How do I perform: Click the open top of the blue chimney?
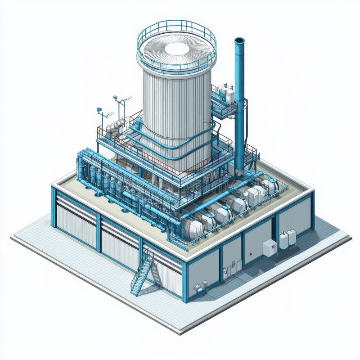click(x=239, y=41)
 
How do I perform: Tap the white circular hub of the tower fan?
click(x=177, y=49)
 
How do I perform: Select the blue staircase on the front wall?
click(x=142, y=273)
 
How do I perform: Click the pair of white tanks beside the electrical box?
click(x=288, y=238)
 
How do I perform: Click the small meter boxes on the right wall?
click(x=228, y=270)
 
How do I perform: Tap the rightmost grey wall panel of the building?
click(x=295, y=214)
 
